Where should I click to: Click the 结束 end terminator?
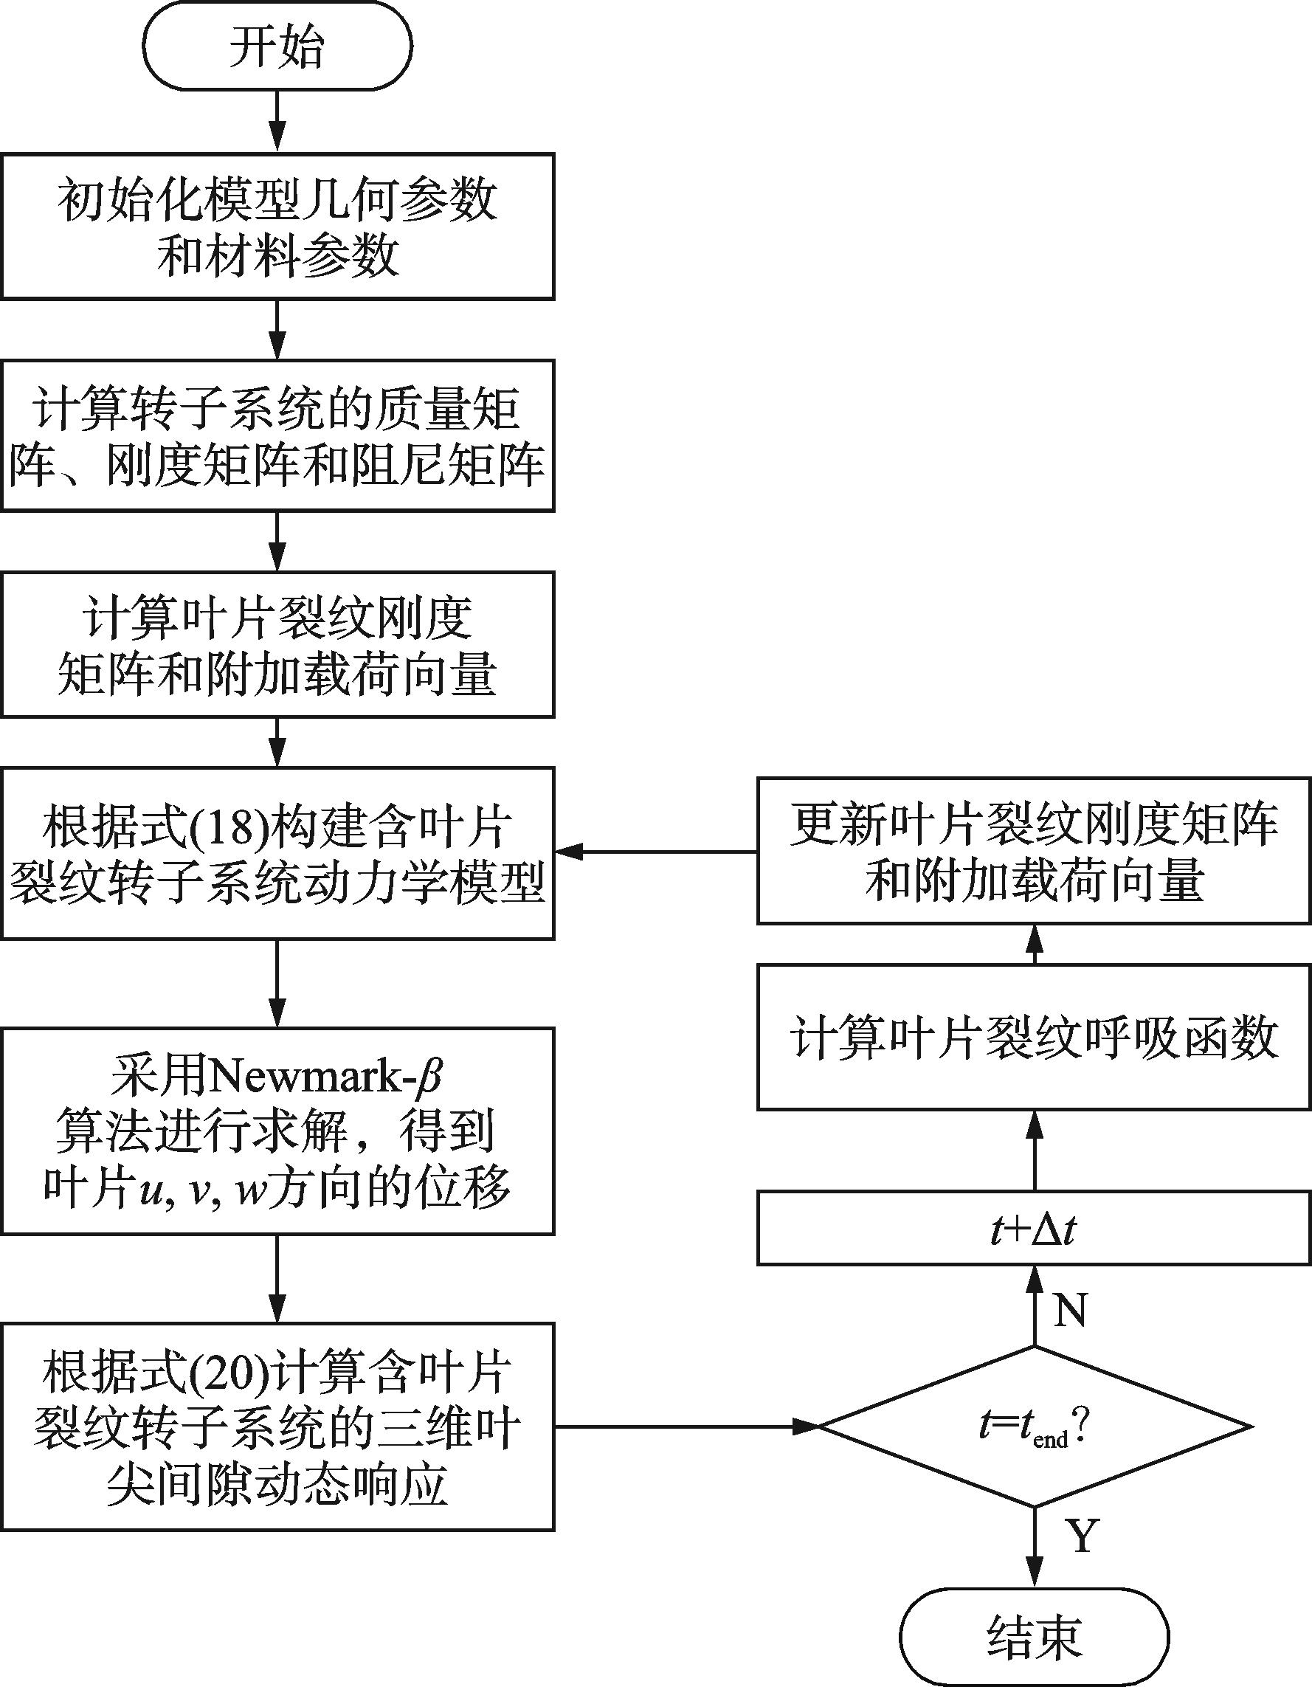click(x=1034, y=1636)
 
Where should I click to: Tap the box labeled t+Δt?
click(x=1034, y=1229)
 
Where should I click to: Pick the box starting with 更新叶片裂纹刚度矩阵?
click(x=1034, y=850)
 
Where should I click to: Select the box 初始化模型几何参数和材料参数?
click(x=277, y=226)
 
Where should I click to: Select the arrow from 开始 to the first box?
click(x=277, y=121)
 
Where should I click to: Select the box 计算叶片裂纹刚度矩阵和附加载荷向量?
click(x=277, y=644)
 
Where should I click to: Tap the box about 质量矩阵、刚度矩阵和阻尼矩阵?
click(x=277, y=435)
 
